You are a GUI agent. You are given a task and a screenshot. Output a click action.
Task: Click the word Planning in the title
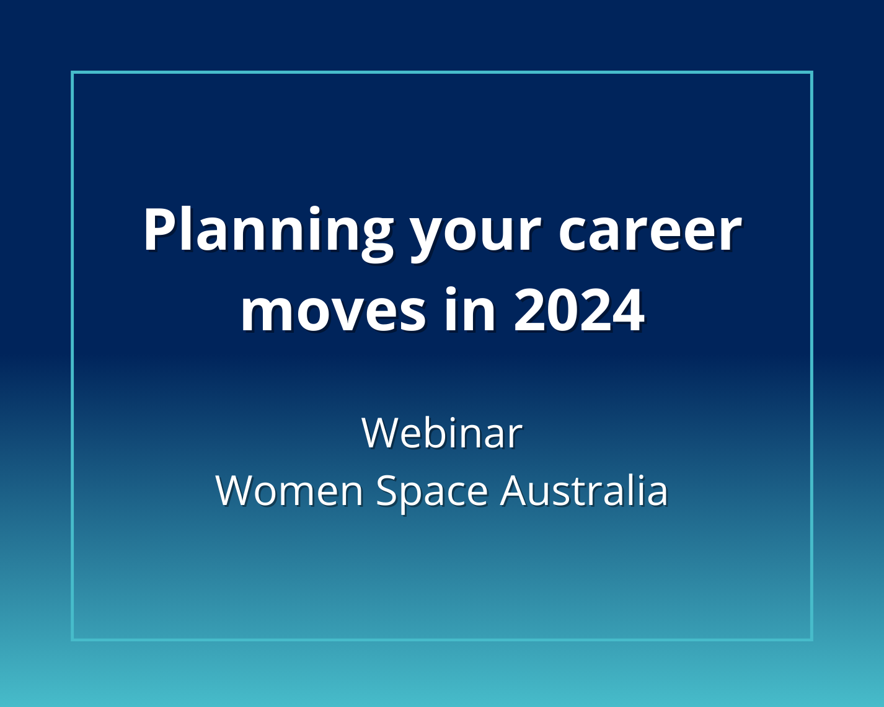[x=268, y=231]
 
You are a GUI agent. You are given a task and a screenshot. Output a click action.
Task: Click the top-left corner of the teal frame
[x=73, y=72]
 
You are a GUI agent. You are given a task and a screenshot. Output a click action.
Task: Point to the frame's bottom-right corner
[x=811, y=639]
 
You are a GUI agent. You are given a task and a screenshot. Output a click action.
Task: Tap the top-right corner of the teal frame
[x=811, y=72]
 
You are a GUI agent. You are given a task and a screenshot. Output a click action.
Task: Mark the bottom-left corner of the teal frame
[x=73, y=639]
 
